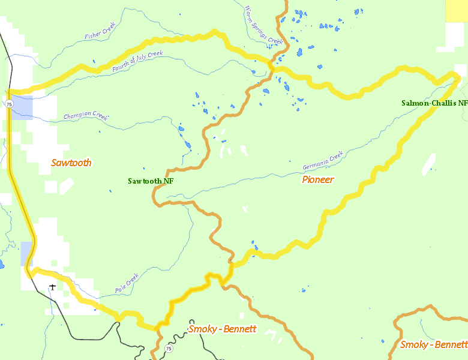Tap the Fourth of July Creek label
coord(137,62)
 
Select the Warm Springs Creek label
coord(263,25)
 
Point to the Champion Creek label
coord(86,116)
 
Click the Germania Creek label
coord(322,160)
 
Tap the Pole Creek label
coord(127,283)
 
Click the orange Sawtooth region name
coord(71,163)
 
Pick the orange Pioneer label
coord(318,179)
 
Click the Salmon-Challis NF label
coord(434,103)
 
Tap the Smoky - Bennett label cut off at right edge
coord(433,344)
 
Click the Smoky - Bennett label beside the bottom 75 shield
coord(222,329)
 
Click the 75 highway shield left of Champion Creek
coord(9,104)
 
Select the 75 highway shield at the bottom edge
coord(169,349)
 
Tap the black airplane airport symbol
coord(53,287)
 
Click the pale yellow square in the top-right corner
coord(457,11)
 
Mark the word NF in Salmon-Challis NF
coord(462,103)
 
